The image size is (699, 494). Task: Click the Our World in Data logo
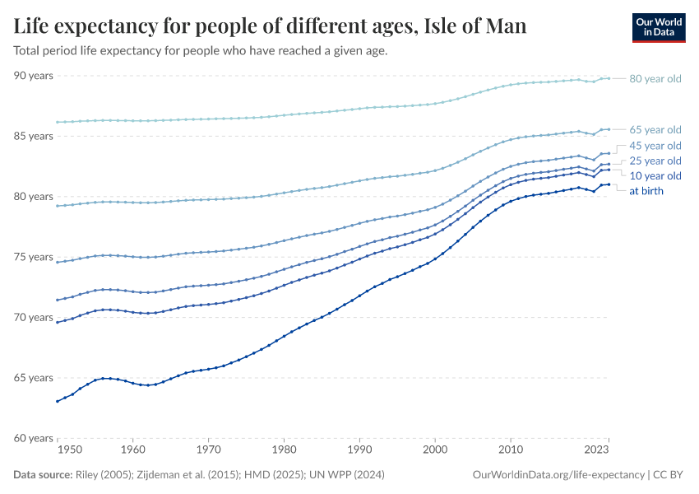click(658, 27)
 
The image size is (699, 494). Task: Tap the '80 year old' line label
click(655, 79)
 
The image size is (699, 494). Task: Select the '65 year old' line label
click(655, 130)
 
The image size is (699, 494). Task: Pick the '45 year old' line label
click(655, 146)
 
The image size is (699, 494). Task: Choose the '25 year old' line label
click(655, 161)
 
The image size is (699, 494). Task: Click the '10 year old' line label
click(655, 176)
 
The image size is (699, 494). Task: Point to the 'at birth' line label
click(646, 191)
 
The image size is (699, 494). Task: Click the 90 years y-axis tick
click(34, 76)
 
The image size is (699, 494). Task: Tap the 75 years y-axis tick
click(34, 257)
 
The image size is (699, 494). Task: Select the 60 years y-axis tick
click(34, 438)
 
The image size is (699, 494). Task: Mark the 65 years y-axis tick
click(34, 378)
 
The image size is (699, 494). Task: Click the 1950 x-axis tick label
click(70, 451)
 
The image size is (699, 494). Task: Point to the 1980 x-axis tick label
click(284, 451)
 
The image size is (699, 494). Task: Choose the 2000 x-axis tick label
click(435, 451)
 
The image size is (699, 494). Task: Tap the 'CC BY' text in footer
click(669, 475)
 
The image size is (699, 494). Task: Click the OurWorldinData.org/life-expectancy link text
click(559, 475)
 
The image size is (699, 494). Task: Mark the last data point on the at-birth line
click(609, 184)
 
